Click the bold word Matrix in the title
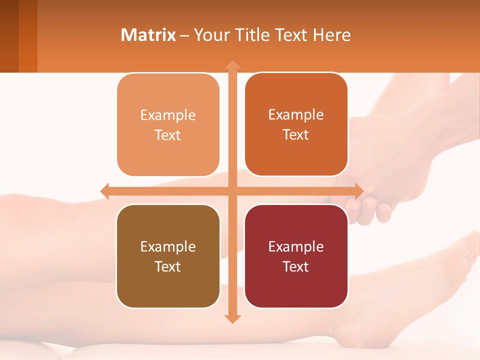(x=148, y=35)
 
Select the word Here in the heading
(x=332, y=35)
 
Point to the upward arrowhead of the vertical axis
(x=232, y=64)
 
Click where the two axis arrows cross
(x=232, y=191)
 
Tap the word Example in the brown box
(x=168, y=246)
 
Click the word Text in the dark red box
(x=296, y=266)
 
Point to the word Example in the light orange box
(x=168, y=115)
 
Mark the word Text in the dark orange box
(x=296, y=134)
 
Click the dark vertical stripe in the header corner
(x=28, y=36)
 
